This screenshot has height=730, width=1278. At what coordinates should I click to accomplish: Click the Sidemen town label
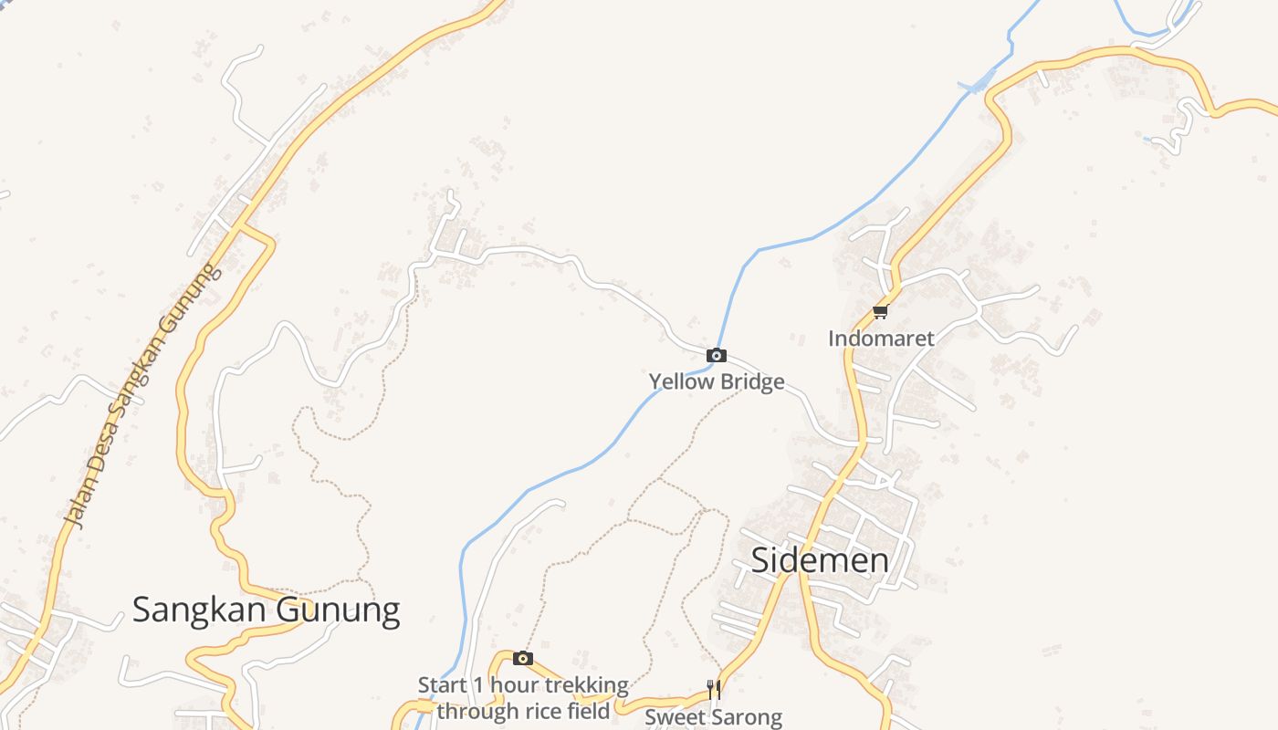[819, 560]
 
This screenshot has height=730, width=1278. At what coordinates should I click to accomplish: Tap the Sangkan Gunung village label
[266, 610]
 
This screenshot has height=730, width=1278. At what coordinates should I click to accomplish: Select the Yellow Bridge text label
[717, 381]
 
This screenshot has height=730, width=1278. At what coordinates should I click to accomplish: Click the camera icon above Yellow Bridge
[717, 356]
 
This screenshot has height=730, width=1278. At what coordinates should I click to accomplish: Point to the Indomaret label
[881, 339]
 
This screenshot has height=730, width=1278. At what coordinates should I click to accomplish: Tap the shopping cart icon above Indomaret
[880, 313]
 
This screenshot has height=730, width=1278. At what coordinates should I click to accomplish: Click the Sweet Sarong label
[713, 717]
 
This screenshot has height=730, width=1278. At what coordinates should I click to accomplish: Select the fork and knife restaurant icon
[714, 689]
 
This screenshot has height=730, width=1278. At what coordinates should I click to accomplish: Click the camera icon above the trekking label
[523, 659]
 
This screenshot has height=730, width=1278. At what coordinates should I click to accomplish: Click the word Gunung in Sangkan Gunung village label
[337, 610]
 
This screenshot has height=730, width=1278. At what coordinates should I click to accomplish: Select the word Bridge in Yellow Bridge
[751, 381]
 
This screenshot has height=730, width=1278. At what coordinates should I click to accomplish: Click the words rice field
[568, 711]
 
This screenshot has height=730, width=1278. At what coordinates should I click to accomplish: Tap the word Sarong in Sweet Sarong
[747, 717]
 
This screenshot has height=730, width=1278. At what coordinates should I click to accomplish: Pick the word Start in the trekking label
[442, 685]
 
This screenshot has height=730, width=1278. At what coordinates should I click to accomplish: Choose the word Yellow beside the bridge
[681, 381]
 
